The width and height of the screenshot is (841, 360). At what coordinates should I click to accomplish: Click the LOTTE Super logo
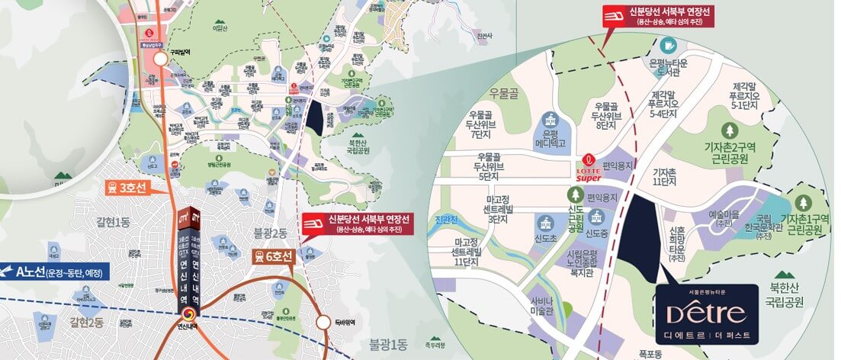click(588, 165)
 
